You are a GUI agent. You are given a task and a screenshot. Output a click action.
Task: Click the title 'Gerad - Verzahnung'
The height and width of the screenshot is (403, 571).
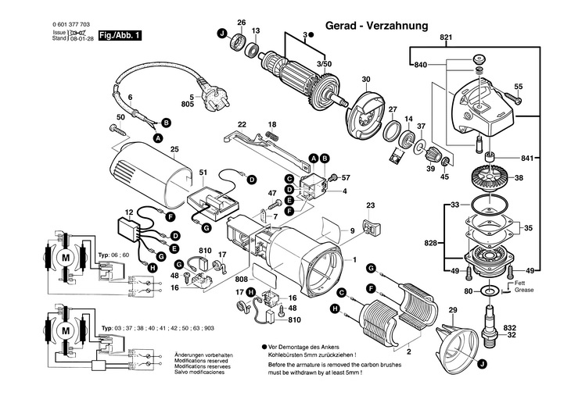pyautogui.click(x=378, y=26)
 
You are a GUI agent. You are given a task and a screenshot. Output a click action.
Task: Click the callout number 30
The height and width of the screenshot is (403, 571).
pyautogui.click(x=365, y=80)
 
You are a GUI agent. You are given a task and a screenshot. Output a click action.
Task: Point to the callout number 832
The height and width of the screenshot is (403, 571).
pyautogui.click(x=532, y=326)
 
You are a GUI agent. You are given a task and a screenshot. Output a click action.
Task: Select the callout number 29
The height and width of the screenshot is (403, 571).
pyautogui.click(x=451, y=311)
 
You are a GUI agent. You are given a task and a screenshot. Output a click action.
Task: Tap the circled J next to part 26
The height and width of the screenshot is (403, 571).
pyautogui.click(x=222, y=33)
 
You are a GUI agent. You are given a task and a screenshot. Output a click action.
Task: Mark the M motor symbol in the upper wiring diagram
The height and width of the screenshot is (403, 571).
pyautogui.click(x=66, y=258)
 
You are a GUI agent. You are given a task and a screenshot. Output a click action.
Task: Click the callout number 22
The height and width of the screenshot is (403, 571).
pyautogui.click(x=242, y=124)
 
